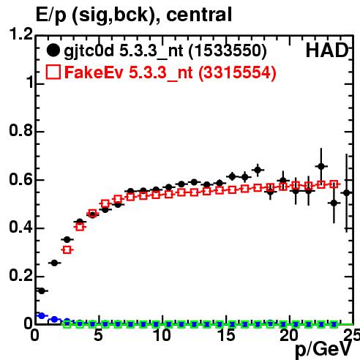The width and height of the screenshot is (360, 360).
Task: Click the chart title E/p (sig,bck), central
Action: pyautogui.click(x=134, y=15)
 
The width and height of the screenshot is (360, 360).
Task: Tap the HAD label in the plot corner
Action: pyautogui.click(x=327, y=50)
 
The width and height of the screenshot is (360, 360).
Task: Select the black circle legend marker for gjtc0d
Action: pyautogui.click(x=53, y=50)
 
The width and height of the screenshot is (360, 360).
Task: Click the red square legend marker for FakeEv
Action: pyautogui.click(x=53, y=72)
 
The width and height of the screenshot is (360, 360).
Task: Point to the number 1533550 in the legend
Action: pyautogui.click(x=228, y=50)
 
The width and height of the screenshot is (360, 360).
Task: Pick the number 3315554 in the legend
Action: pyautogui.click(x=237, y=72)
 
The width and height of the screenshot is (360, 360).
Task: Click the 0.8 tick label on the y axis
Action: pyautogui.click(x=20, y=130)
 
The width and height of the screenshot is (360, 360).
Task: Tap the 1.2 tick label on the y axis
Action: pyautogui.click(x=20, y=34)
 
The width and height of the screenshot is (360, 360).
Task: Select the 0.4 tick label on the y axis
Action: pyautogui.click(x=20, y=227)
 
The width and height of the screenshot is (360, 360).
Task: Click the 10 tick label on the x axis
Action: pyautogui.click(x=162, y=335)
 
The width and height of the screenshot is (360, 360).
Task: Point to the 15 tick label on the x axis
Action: pyautogui.click(x=227, y=335)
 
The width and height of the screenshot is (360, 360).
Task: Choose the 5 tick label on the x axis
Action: pyautogui.click(x=98, y=335)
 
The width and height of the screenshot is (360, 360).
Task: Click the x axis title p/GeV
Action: pyautogui.click(x=323, y=350)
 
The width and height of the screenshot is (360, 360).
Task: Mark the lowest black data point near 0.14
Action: pyautogui.click(x=42, y=290)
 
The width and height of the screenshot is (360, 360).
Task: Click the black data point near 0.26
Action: pyautogui.click(x=54, y=263)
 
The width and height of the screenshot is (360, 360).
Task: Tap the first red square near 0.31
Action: pyautogui.click(x=67, y=250)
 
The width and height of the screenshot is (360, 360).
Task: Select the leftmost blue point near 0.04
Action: pyautogui.click(x=42, y=315)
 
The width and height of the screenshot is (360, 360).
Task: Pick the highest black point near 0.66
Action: pyautogui.click(x=321, y=167)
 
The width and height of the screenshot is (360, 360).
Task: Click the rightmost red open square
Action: pyautogui.click(x=334, y=184)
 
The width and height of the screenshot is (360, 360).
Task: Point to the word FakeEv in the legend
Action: pyautogui.click(x=94, y=72)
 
